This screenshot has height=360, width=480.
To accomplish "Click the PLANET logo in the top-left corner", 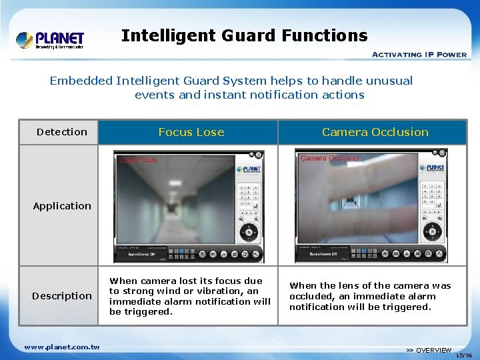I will point(51,39).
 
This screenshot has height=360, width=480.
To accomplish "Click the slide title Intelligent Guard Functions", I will point(244,35).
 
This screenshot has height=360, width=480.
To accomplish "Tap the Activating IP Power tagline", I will point(419,54).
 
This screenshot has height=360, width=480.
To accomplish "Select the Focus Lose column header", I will point(191,132).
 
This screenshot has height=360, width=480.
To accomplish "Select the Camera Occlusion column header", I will point(375,132).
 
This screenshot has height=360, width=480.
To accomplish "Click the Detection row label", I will point(62,132).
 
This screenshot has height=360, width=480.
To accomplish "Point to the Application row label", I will point(62,206).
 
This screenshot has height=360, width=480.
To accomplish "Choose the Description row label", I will point(62,296).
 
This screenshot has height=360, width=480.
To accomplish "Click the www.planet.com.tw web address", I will point(62,347).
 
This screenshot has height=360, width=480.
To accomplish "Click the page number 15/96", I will point(465,355).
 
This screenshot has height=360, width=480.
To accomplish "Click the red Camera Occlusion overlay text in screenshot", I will point(331,159).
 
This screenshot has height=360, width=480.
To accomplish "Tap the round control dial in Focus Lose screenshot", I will point(249,232).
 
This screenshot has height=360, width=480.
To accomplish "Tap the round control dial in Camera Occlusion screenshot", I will point(431,232).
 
